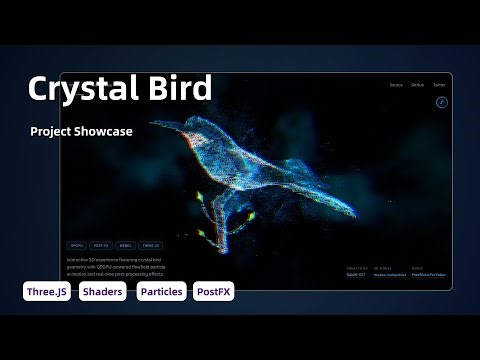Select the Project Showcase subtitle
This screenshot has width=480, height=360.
[x=81, y=131]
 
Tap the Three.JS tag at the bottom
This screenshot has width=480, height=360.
[x=47, y=292]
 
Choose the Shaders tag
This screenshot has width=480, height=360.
[x=103, y=292]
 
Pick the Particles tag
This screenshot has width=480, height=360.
[x=161, y=292]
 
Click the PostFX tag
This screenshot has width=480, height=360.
[x=213, y=292]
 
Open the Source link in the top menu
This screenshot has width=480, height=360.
[x=397, y=86]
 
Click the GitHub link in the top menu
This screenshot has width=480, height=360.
[x=418, y=86]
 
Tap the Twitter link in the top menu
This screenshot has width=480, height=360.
[x=439, y=86]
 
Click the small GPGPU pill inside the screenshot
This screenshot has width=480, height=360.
[x=77, y=244]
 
